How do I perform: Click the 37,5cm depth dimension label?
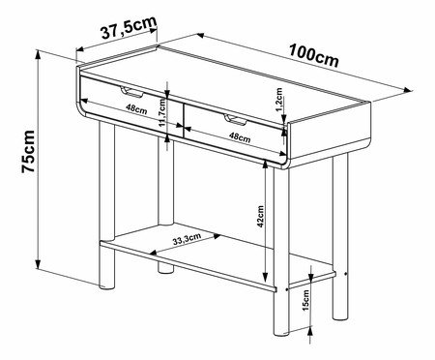(129, 27)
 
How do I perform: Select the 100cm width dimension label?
(314, 55)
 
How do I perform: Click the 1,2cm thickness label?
(279, 100)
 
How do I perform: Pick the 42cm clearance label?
(260, 217)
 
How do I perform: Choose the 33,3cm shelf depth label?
(187, 239)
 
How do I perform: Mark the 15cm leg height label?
(305, 300)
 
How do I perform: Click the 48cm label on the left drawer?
(136, 108)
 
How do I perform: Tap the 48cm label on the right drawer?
(240, 137)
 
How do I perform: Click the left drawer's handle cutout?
(131, 92)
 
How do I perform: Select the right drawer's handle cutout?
(235, 119)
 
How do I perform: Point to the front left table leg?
(107, 204)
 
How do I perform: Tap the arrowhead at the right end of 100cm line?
(409, 90)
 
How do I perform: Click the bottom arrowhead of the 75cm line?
(38, 264)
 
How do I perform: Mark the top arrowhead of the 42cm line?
(265, 165)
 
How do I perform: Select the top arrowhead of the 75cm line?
(38, 55)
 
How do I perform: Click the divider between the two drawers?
(183, 120)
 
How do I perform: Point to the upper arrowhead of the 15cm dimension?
(311, 275)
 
